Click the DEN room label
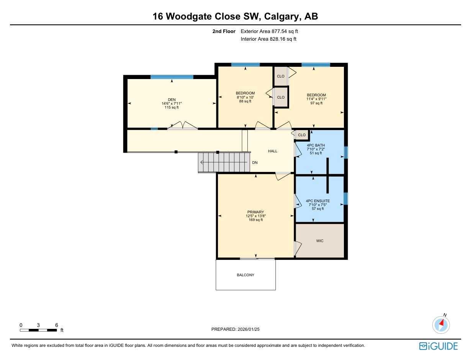172,100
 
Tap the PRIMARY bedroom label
255,212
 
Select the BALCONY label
245,275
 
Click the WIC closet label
320,241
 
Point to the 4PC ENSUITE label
317,201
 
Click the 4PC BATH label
316,145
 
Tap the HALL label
273,151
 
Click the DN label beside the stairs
255,163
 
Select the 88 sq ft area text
245,101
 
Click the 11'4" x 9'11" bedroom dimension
316,99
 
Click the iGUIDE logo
438,346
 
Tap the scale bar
38,330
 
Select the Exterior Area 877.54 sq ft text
269,31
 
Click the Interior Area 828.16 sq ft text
268,39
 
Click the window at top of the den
172,77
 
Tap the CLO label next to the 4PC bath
302,135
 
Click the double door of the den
183,126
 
